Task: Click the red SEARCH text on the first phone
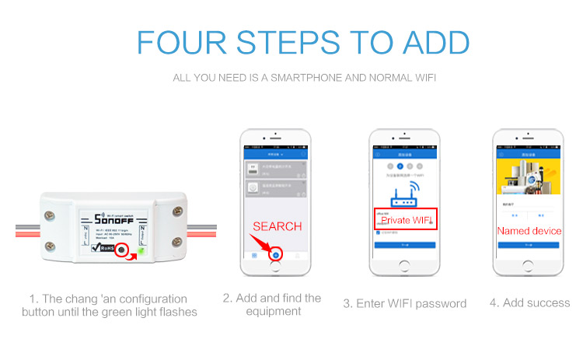point(278,226)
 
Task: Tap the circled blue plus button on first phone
point(275,255)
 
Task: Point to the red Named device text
point(529,231)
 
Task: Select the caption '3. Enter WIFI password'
point(404,303)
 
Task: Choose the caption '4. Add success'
point(529,303)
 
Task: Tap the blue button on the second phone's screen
point(401,245)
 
